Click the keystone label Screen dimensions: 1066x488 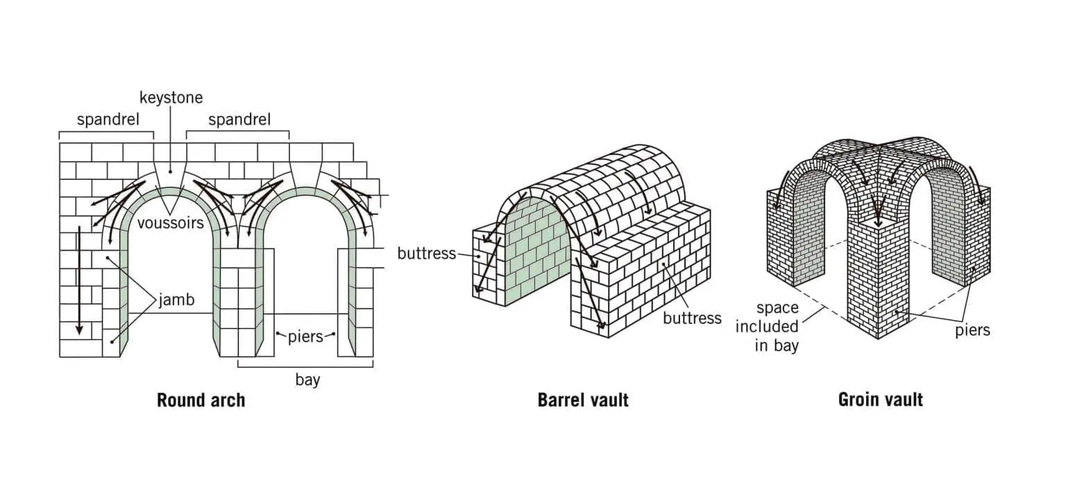point(171,98)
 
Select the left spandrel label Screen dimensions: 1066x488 point(108,120)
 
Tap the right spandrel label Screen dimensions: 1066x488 point(239,120)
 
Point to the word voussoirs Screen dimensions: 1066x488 point(170,223)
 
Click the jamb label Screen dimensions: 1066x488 point(176,300)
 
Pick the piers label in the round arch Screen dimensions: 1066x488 point(305,337)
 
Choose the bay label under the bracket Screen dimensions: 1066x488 point(307,380)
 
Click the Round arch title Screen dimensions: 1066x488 point(201,400)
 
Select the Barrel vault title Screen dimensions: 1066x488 point(583,400)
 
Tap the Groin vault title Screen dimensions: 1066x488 point(881,399)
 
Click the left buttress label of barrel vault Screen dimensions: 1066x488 point(426,254)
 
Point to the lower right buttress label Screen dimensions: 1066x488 point(693,318)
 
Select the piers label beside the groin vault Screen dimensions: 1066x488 point(972,330)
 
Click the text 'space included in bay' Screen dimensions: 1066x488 point(767,327)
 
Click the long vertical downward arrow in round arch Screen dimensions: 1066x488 point(80,280)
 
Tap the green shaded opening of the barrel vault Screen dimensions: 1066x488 point(536,252)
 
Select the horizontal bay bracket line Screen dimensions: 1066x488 point(305,367)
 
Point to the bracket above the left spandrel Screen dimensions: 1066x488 point(106,132)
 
